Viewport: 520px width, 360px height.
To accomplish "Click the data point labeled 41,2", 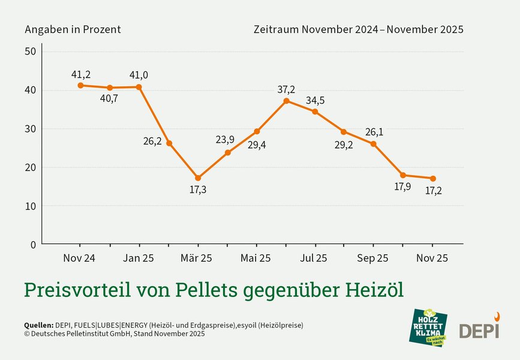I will (80, 85).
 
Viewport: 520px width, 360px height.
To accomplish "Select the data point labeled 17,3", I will (198, 178).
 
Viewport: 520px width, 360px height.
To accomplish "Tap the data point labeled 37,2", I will (286, 101).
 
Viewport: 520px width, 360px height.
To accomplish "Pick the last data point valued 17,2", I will (433, 178).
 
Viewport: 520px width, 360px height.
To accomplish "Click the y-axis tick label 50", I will (31, 52).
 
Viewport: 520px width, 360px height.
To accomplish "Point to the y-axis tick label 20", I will (31, 167).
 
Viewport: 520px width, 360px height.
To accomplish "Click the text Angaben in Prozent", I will (73, 29).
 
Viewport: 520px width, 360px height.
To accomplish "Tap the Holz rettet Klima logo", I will (429, 327).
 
